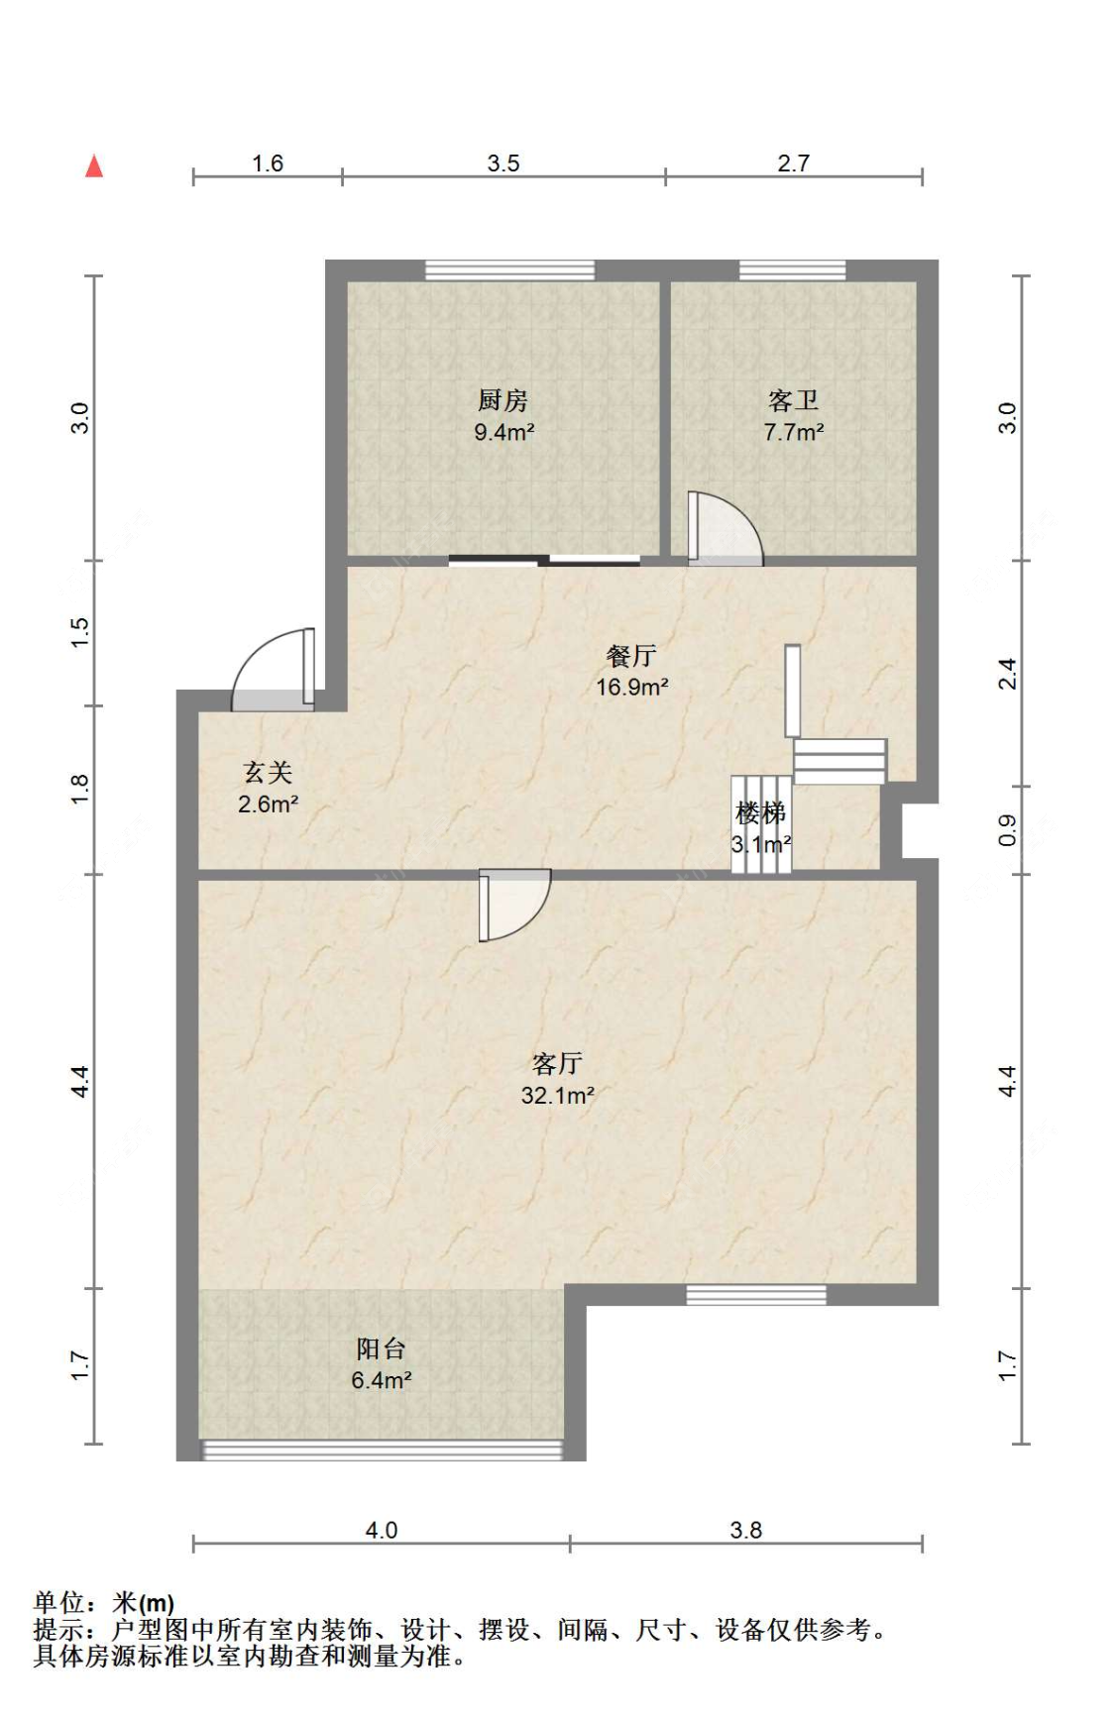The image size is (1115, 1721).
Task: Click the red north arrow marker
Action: [x=94, y=165]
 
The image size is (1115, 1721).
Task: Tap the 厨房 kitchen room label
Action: [x=502, y=400]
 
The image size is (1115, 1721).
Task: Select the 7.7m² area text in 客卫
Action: [x=793, y=432]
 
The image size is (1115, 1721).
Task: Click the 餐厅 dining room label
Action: [x=631, y=655]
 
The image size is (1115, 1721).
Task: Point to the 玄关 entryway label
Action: [x=268, y=772]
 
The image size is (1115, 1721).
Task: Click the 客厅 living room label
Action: [x=557, y=1063]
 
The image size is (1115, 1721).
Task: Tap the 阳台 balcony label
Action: [x=382, y=1348]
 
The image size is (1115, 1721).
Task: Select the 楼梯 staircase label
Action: [x=761, y=812]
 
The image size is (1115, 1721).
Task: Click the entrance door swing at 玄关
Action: [x=274, y=670]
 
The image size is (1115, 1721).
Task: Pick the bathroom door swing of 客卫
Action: [x=725, y=529]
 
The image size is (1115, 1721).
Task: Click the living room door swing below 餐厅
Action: [x=514, y=905]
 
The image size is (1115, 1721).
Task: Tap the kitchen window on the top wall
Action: [x=509, y=270]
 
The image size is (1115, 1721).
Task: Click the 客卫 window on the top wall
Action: [x=793, y=270]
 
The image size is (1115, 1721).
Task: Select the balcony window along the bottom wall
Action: [x=383, y=1450]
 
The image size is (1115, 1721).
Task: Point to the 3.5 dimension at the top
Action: [x=503, y=163]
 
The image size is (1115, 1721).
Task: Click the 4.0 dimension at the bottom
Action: [x=382, y=1530]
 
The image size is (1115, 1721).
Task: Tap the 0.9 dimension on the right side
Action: [x=1007, y=829]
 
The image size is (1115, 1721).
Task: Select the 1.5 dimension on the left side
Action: [x=80, y=633]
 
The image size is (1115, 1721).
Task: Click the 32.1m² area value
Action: [x=557, y=1095]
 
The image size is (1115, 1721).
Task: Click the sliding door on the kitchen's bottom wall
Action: [x=544, y=561]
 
